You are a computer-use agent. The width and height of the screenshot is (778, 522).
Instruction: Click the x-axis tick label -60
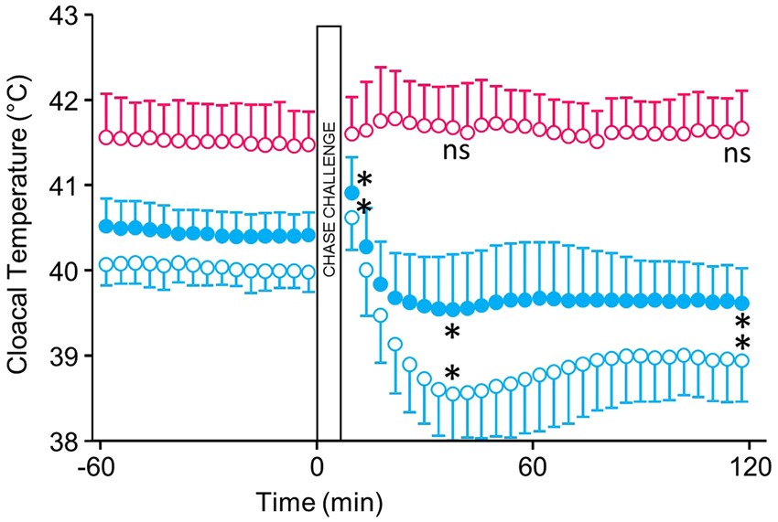click(x=99, y=464)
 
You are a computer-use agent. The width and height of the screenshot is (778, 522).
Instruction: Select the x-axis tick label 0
click(x=317, y=464)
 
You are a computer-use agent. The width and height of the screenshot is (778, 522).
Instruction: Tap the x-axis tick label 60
click(x=533, y=464)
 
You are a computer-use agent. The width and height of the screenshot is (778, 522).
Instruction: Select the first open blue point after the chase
click(x=351, y=218)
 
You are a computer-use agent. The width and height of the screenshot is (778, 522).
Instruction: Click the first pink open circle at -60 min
click(x=105, y=137)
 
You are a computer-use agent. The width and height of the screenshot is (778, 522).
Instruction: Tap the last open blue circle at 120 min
click(x=742, y=360)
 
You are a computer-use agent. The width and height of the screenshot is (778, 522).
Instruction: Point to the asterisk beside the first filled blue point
click(x=364, y=180)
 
